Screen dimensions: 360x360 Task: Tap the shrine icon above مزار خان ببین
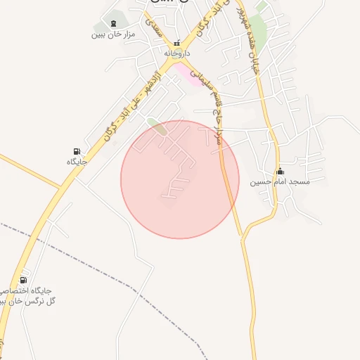tap(113, 22)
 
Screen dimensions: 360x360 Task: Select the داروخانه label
tap(177, 53)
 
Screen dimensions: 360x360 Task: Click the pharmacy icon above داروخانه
tap(177, 42)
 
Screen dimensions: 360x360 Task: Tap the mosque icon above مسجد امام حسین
tap(281, 171)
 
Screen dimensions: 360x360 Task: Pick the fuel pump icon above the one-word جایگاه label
tap(76, 150)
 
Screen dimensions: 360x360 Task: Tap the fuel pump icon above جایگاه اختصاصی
tap(25, 280)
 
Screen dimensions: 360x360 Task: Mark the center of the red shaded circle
tap(180, 179)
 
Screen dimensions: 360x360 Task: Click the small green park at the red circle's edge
tap(157, 127)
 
